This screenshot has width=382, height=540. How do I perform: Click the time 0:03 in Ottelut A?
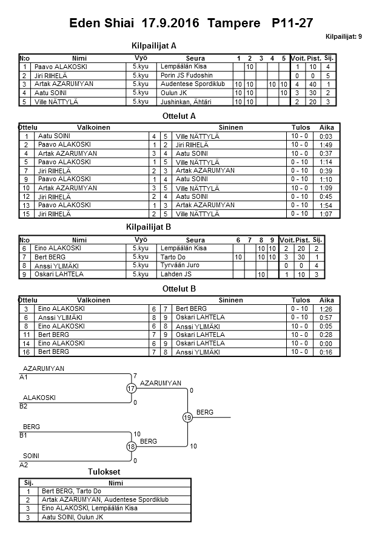[x=326, y=136]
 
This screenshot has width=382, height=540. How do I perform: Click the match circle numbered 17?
[x=132, y=388]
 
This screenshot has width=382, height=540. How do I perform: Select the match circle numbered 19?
[x=187, y=417]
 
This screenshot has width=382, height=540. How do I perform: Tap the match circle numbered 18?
[x=132, y=446]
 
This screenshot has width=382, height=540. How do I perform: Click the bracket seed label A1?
[x=24, y=376]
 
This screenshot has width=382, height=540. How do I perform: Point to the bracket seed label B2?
[x=24, y=406]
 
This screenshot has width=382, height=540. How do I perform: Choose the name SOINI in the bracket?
[x=32, y=455]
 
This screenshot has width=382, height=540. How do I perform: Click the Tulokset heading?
[x=103, y=472]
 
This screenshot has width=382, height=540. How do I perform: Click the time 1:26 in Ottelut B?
[x=326, y=309]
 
